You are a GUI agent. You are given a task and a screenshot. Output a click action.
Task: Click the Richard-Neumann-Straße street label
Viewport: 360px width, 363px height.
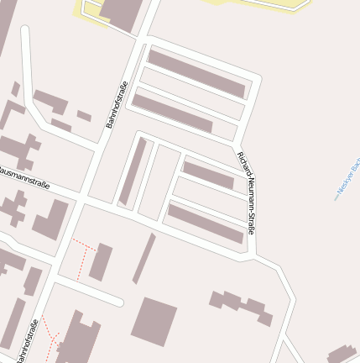pos(246,192)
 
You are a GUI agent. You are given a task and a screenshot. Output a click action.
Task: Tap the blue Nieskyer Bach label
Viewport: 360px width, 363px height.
pos(347,180)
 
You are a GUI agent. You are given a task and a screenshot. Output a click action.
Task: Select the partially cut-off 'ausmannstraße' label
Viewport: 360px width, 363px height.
pos(24,178)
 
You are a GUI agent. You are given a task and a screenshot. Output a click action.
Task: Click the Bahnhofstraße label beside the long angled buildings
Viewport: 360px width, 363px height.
pos(117,104)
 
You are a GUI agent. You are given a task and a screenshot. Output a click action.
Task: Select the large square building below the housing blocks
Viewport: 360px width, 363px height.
pos(154,321)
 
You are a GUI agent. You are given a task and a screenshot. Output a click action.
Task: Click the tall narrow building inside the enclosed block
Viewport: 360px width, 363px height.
pos(133,171)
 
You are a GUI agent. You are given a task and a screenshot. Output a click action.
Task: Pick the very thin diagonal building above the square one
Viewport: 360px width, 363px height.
pos(144,258)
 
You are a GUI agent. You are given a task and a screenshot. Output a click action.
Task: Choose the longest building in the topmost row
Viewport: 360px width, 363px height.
pos(197,73)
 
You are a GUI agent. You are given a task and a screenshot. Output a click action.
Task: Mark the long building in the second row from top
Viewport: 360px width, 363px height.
pos(172,113)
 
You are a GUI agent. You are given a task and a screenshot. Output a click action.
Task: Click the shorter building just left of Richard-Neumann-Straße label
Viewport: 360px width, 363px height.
pos(208,174)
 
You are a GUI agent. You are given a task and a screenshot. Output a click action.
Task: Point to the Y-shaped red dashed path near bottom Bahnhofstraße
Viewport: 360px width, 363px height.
pos(52,335)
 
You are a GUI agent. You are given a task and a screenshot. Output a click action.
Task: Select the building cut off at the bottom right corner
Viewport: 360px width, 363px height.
pos(342,355)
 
